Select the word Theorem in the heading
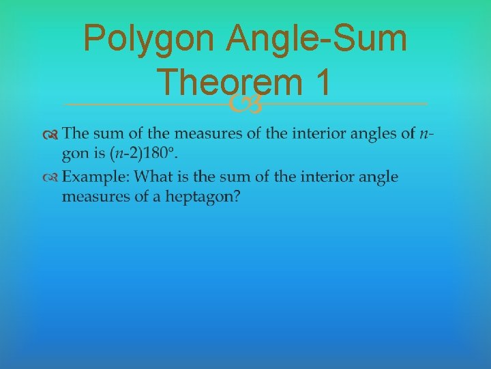coord(228,83)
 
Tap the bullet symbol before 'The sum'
coord(52,134)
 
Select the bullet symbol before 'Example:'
coord(52,178)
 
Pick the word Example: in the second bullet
coord(95,178)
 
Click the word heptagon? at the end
coord(209,196)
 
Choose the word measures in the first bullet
coord(208,134)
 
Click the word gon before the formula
coord(75,154)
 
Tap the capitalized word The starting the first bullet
coord(75,133)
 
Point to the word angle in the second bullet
coord(378,178)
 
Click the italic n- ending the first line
coord(426,134)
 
